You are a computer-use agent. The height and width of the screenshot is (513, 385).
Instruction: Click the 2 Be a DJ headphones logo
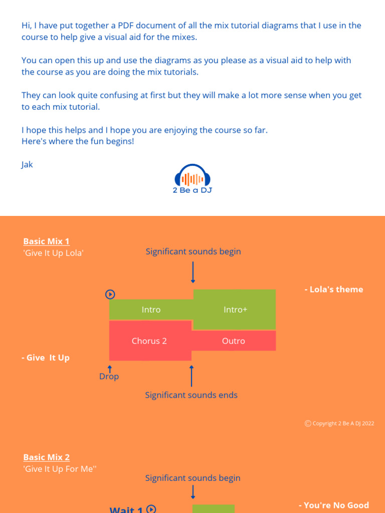(x=192, y=179)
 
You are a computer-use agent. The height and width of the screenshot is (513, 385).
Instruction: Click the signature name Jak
(x=27, y=164)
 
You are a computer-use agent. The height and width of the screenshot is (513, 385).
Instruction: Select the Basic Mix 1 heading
(x=46, y=241)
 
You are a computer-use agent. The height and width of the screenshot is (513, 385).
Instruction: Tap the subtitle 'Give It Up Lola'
(x=53, y=253)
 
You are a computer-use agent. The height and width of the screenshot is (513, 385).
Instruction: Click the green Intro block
(x=151, y=310)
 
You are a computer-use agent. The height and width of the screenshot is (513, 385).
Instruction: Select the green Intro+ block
(x=235, y=310)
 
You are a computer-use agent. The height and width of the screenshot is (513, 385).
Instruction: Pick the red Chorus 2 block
(x=149, y=341)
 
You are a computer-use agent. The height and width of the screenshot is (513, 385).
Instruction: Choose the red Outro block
(x=234, y=341)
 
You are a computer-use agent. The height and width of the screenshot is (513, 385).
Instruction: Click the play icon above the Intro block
(x=110, y=295)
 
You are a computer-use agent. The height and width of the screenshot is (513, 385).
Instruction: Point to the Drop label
(x=109, y=376)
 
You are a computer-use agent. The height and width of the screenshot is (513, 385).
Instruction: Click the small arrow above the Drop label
(x=109, y=369)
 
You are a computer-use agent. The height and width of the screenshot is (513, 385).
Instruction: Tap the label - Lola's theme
(x=333, y=290)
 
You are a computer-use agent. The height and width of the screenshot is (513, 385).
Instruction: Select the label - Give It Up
(x=46, y=358)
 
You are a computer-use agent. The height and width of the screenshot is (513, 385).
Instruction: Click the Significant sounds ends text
(x=191, y=395)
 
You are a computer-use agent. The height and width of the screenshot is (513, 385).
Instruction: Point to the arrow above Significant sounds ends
(x=191, y=376)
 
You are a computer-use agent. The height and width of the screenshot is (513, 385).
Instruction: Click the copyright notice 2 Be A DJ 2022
(x=339, y=423)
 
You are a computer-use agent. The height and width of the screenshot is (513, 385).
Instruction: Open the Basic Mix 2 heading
(x=46, y=457)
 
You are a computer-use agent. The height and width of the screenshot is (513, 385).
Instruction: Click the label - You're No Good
(x=333, y=505)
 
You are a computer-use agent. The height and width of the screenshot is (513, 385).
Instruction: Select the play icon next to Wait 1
(x=151, y=509)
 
